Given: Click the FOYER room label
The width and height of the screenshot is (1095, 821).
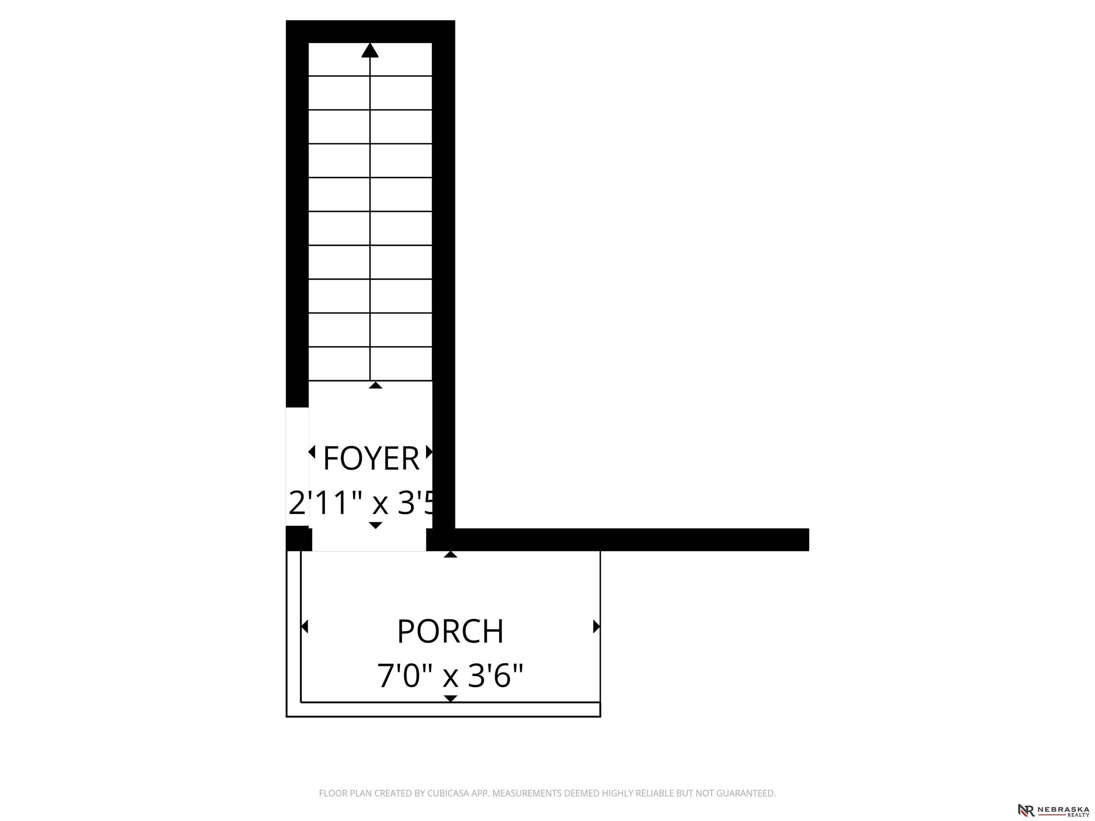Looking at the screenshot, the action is [371, 458].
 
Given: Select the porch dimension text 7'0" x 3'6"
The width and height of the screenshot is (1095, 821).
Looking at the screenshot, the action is [451, 676].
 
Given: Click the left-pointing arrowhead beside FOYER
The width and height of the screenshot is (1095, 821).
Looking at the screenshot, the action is [312, 452].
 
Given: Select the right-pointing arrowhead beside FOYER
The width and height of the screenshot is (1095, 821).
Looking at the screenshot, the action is [430, 452].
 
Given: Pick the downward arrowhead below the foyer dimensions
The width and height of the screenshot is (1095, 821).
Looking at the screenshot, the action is [376, 525].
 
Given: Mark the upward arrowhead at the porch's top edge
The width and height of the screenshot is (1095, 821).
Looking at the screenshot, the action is [451, 554].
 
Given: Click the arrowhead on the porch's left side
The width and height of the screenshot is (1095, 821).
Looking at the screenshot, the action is [304, 626].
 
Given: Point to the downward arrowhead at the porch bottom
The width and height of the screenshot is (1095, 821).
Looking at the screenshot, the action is [451, 698].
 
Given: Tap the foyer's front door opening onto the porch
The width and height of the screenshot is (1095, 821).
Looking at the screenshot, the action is [369, 539].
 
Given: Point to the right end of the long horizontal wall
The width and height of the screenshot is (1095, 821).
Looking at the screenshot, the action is [808, 539].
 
